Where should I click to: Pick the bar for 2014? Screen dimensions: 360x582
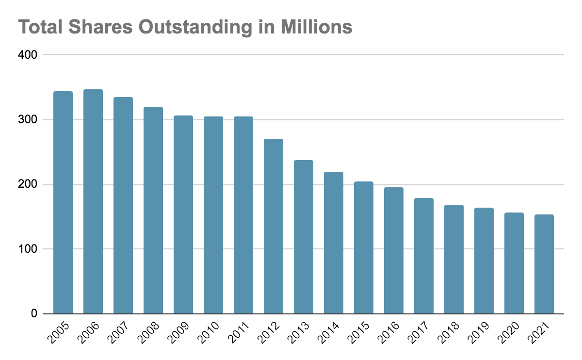tap(334, 243)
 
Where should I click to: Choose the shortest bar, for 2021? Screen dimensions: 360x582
tap(544, 264)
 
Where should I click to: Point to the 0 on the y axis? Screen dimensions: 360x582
tap(34, 314)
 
